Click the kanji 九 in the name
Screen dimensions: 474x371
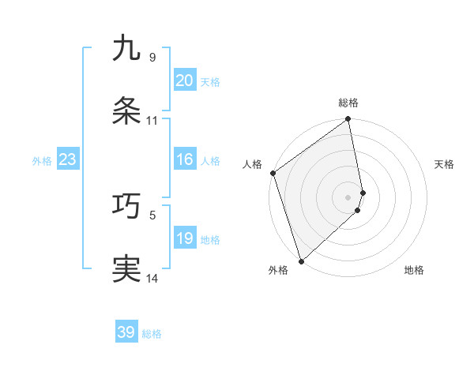(x=126, y=48)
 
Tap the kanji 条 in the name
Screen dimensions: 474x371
(x=126, y=111)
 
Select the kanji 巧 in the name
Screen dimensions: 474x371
(x=126, y=205)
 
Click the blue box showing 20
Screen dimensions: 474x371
(x=184, y=81)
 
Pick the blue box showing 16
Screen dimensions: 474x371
(x=184, y=159)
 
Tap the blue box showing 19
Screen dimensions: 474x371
(x=184, y=238)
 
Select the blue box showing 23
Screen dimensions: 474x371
(x=67, y=159)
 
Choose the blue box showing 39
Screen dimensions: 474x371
(x=126, y=332)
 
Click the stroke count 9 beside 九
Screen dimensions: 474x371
(x=152, y=58)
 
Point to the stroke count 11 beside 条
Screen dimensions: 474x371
(x=152, y=121)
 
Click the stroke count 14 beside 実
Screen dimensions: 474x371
(x=152, y=278)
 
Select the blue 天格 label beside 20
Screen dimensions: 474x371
(x=210, y=82)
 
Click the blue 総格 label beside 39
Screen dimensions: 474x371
(x=152, y=334)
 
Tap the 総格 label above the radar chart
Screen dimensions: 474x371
(x=348, y=103)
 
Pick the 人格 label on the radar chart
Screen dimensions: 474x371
(x=253, y=164)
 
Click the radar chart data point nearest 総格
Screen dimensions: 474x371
(x=348, y=120)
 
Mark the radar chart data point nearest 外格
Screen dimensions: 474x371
(x=301, y=260)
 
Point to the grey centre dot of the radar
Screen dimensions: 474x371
(x=348, y=197)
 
